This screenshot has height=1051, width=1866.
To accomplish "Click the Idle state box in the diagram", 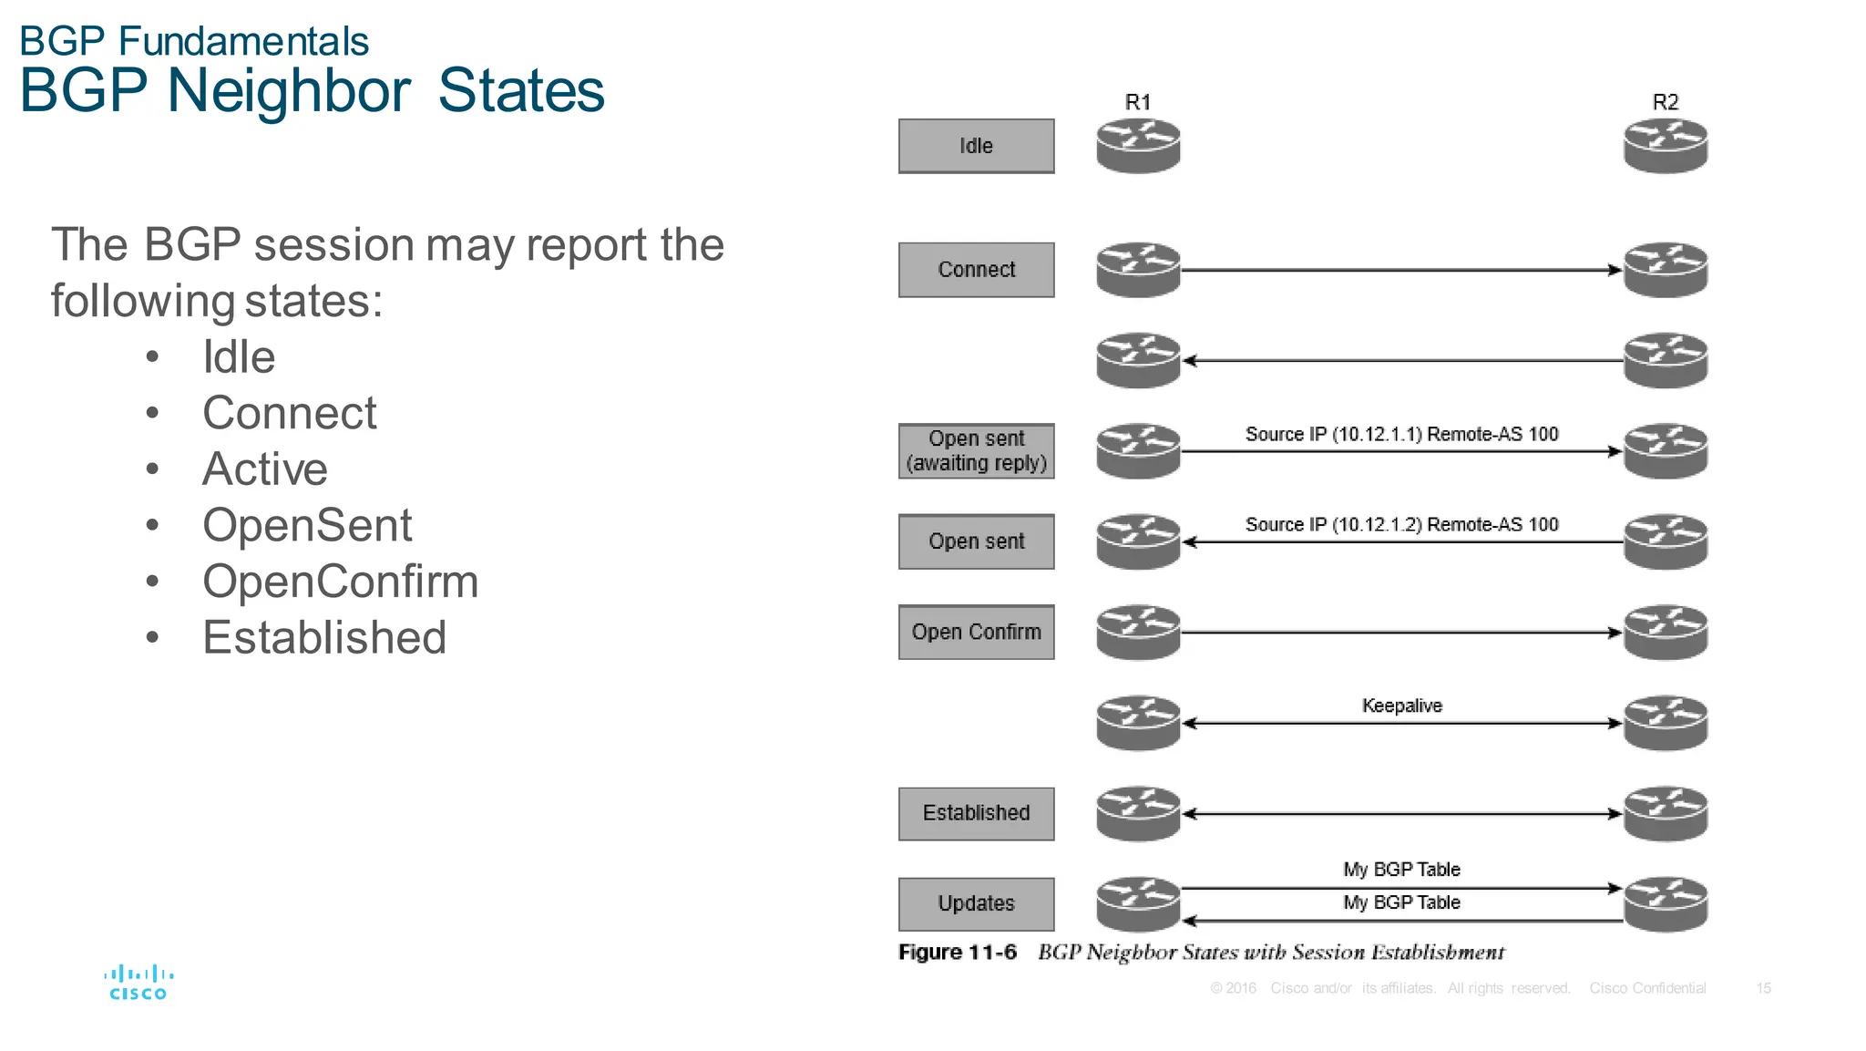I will pyautogui.click(x=976, y=146).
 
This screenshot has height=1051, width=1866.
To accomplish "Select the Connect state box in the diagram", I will pyautogui.click(x=976, y=270).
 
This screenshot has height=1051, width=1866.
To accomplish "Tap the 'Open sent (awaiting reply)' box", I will pyautogui.click(x=976, y=450).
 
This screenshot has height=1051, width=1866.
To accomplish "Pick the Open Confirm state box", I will pyautogui.click(x=976, y=632).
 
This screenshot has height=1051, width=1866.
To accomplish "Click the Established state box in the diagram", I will pyautogui.click(x=976, y=813).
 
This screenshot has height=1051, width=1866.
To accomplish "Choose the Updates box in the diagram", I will pyautogui.click(x=976, y=903).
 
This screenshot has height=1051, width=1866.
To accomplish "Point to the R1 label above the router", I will pyautogui.click(x=1138, y=102).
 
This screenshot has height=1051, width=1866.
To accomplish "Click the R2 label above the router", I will pyautogui.click(x=1665, y=102).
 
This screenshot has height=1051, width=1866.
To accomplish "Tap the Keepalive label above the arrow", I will pyautogui.click(x=1401, y=706).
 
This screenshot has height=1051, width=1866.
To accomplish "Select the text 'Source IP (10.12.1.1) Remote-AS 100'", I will pyautogui.click(x=1401, y=434).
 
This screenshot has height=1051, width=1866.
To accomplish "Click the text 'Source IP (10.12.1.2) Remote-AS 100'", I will pyautogui.click(x=1401, y=524).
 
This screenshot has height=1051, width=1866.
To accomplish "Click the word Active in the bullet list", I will pyautogui.click(x=265, y=469).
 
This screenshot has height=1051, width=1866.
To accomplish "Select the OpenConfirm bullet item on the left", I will pyautogui.click(x=340, y=582).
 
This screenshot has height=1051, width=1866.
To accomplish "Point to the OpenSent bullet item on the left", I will pyautogui.click(x=307, y=526).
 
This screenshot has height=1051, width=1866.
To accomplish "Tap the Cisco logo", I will pyautogui.click(x=138, y=983).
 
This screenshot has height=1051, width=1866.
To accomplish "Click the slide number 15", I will pyautogui.click(x=1763, y=988).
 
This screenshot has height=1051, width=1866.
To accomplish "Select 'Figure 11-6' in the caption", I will pyautogui.click(x=957, y=953).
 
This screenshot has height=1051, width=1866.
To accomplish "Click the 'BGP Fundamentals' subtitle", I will pyautogui.click(x=194, y=41).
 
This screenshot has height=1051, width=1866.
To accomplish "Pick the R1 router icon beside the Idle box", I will pyautogui.click(x=1138, y=146).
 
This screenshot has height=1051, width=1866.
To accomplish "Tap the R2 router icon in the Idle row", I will pyautogui.click(x=1665, y=146).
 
